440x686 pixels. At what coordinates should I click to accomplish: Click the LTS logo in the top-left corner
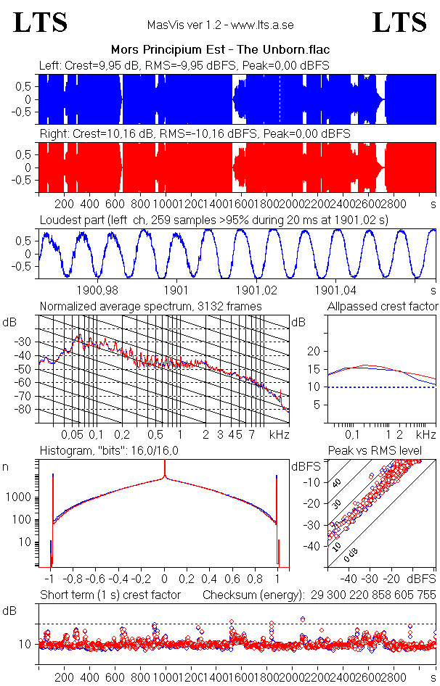click(x=41, y=22)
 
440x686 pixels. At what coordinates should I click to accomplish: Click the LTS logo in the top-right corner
click(x=399, y=22)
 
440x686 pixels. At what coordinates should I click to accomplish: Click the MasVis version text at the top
click(x=220, y=25)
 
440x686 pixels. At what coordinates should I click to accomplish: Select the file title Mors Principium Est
click(x=220, y=50)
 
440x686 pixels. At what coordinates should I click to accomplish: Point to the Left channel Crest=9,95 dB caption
click(x=184, y=66)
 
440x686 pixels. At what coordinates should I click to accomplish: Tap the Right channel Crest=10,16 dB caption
click(x=195, y=134)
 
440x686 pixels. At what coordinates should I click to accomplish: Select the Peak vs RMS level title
click(x=375, y=451)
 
